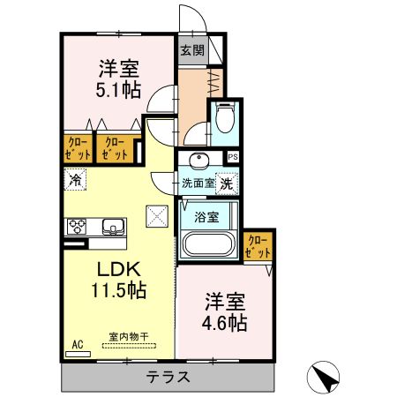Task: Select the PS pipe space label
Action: click(233, 157)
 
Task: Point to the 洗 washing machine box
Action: click(227, 184)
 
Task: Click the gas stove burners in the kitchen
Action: click(76, 225)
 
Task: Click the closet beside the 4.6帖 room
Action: click(258, 246)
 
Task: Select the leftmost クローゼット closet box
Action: click(77, 148)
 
